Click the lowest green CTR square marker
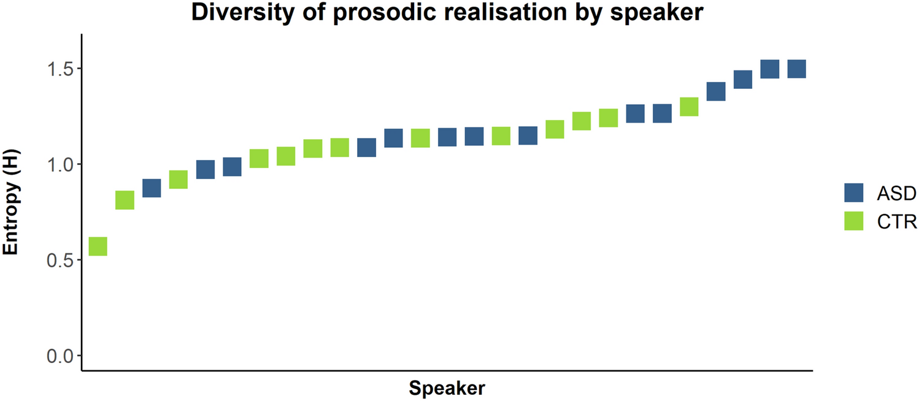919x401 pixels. tap(98, 246)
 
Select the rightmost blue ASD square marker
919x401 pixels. tap(797, 69)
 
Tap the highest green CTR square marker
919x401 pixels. tap(690, 107)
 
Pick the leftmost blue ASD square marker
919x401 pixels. tap(152, 188)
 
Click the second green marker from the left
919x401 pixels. tap(125, 200)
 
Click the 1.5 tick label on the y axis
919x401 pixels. tap(60, 69)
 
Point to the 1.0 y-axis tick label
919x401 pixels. tap(60, 165)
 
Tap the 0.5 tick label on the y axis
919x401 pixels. tap(60, 261)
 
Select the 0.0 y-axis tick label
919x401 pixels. tap(60, 356)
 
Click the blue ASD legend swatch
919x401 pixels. tap(854, 193)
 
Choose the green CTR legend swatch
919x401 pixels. tap(854, 221)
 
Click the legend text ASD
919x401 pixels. tap(896, 193)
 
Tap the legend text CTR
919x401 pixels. tap(896, 222)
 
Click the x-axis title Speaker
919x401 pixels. tap(447, 388)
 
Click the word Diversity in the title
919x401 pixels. tap(243, 12)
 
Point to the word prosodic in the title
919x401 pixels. tap(385, 12)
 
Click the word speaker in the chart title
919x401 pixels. tap(656, 13)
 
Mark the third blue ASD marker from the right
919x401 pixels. tap(743, 80)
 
